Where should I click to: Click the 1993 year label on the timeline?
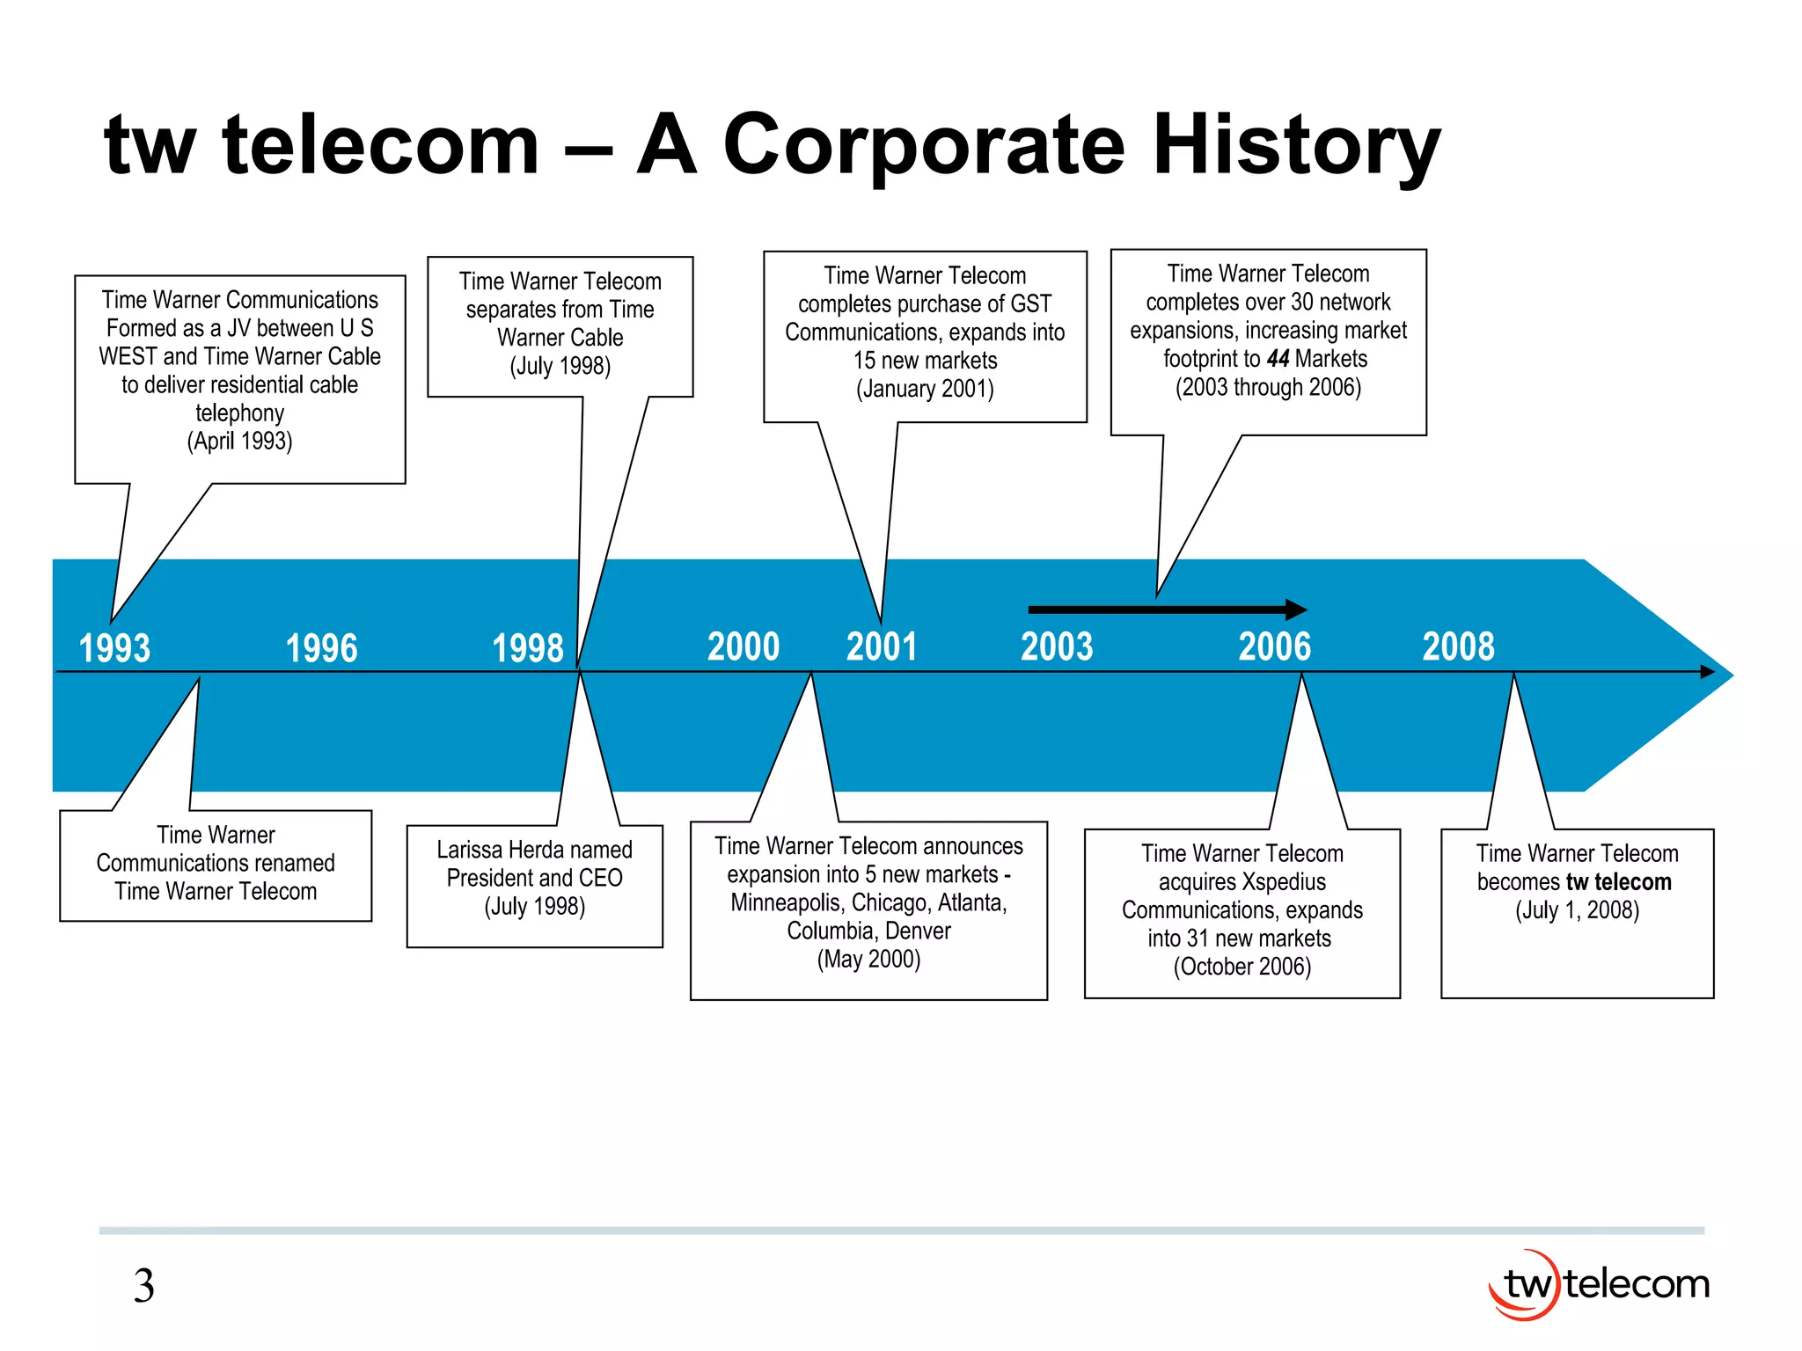(114, 649)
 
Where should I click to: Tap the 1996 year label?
(322, 649)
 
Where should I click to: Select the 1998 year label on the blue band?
(528, 649)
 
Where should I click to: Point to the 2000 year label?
(744, 647)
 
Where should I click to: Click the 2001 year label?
(882, 647)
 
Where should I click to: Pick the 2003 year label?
(1057, 647)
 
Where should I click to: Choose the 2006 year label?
(1275, 647)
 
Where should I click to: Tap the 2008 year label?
(1459, 647)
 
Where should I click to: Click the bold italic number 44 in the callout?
(1278, 359)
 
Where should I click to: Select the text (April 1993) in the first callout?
(239, 441)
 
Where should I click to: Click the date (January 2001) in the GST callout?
(925, 389)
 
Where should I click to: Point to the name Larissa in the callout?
(471, 850)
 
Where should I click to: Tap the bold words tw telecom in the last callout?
(1618, 882)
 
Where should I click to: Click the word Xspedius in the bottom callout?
(1285, 882)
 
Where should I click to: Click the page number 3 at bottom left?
(144, 1286)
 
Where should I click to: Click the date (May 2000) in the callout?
(868, 960)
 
